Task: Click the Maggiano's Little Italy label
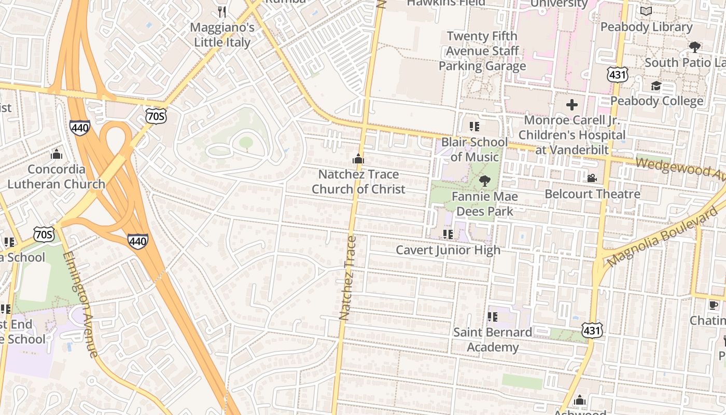point(222,35)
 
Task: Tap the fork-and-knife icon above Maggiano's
point(222,11)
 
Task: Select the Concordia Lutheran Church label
point(56,176)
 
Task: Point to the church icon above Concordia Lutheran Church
point(57,154)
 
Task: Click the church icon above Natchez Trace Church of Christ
point(358,159)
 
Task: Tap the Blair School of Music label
point(474,149)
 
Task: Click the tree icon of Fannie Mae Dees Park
point(485,181)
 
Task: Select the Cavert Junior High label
point(448,250)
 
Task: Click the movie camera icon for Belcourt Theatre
point(592,178)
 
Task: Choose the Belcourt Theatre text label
point(592,194)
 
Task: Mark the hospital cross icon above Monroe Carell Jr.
point(572,105)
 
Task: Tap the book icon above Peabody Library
point(646,11)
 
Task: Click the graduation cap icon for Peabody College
point(656,86)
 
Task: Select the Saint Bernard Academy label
point(492,339)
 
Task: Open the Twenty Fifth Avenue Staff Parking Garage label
point(482,51)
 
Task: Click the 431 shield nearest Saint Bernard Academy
point(592,330)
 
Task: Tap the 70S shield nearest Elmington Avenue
point(44,234)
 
